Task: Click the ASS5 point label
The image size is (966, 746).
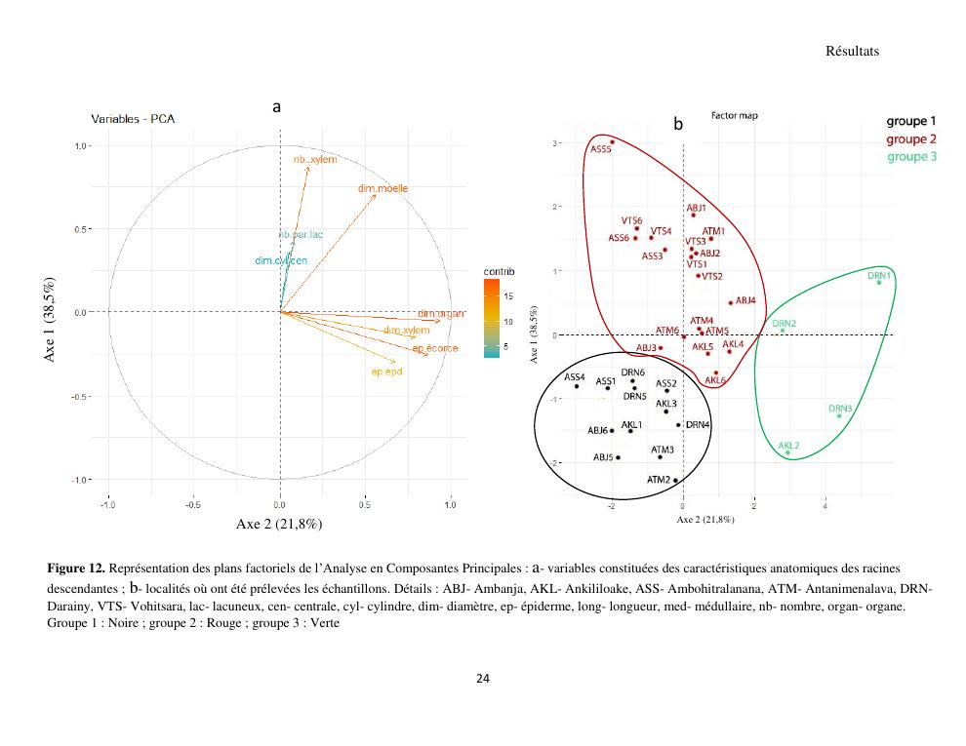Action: pyautogui.click(x=601, y=150)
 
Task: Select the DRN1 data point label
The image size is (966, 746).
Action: pyautogui.click(x=879, y=276)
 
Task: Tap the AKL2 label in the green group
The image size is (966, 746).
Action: pyautogui.click(x=789, y=446)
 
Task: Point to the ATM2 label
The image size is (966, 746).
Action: pyautogui.click(x=659, y=480)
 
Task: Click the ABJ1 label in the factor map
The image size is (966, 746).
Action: pyautogui.click(x=696, y=208)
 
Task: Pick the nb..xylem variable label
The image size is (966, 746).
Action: pyautogui.click(x=314, y=159)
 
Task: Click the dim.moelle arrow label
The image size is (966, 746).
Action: pyautogui.click(x=383, y=188)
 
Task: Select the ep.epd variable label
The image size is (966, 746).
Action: pyautogui.click(x=386, y=372)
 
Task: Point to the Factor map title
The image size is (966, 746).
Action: pyautogui.click(x=734, y=115)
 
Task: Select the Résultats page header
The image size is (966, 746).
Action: pyautogui.click(x=852, y=52)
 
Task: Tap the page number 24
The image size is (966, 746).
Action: pyautogui.click(x=482, y=679)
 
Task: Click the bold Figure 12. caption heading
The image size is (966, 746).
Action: pyautogui.click(x=76, y=568)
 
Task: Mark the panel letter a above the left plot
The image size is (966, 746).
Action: pyautogui.click(x=277, y=106)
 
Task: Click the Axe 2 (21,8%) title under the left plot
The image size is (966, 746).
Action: pyautogui.click(x=279, y=524)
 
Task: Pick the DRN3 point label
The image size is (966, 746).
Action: pyautogui.click(x=841, y=409)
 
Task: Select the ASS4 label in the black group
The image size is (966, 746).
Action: pyautogui.click(x=575, y=376)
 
